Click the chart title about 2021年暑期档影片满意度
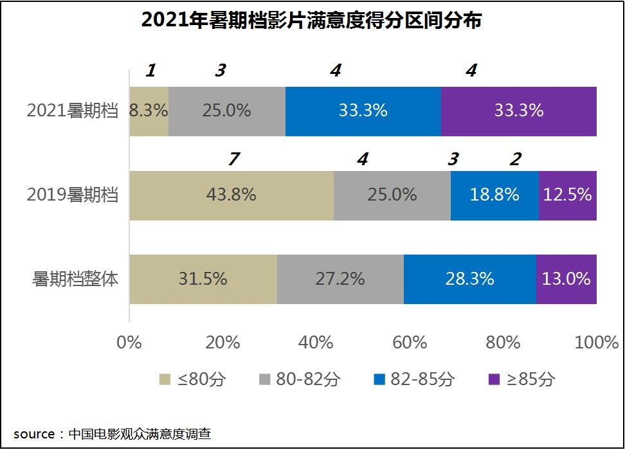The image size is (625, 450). tap(311, 21)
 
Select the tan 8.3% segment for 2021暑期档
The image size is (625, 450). tap(149, 111)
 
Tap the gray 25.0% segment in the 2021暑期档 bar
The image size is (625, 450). tap(226, 111)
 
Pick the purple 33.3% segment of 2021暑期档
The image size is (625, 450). tap(518, 111)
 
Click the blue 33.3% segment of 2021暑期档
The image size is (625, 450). tap(363, 111)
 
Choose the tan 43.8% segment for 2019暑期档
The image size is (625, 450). tap(231, 195)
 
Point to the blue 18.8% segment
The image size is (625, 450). tap(494, 195)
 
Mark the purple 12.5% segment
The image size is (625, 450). tap(567, 195)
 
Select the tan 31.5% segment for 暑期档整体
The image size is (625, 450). tap(203, 279)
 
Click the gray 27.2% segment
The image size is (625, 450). tap(340, 279)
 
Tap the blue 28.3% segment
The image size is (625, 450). tap(469, 279)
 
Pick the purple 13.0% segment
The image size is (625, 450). tap(566, 279)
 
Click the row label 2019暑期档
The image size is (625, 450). tap(73, 195)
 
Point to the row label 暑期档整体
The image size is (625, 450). tap(76, 279)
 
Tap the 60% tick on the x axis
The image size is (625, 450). tap(410, 343)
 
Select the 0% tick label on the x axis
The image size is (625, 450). tap(129, 343)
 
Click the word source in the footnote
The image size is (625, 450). tap(34, 435)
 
